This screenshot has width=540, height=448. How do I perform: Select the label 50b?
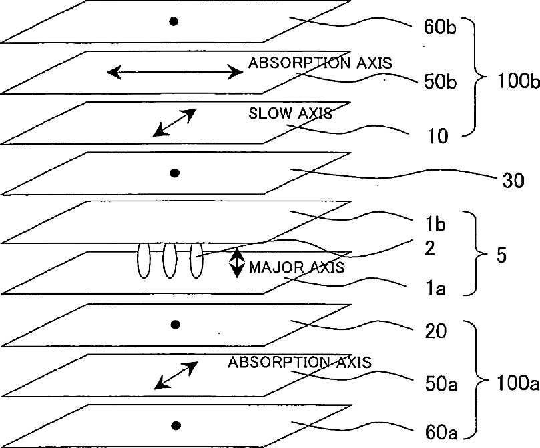click(x=441, y=82)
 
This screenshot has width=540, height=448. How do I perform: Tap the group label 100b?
click(x=509, y=82)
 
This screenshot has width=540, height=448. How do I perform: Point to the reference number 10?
click(x=437, y=137)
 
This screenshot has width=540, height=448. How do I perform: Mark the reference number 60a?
click(x=441, y=435)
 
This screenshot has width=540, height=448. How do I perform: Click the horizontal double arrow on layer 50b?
click(x=176, y=70)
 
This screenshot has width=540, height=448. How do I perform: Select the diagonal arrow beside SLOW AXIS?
click(x=175, y=122)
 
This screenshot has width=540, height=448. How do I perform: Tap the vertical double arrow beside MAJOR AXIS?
click(x=237, y=264)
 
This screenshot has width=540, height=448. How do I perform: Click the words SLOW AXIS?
click(x=290, y=113)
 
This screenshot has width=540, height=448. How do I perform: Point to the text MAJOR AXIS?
click(x=296, y=268)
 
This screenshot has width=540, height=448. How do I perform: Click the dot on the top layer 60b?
click(x=174, y=21)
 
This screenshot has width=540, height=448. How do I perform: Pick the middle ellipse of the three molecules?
click(x=170, y=260)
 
